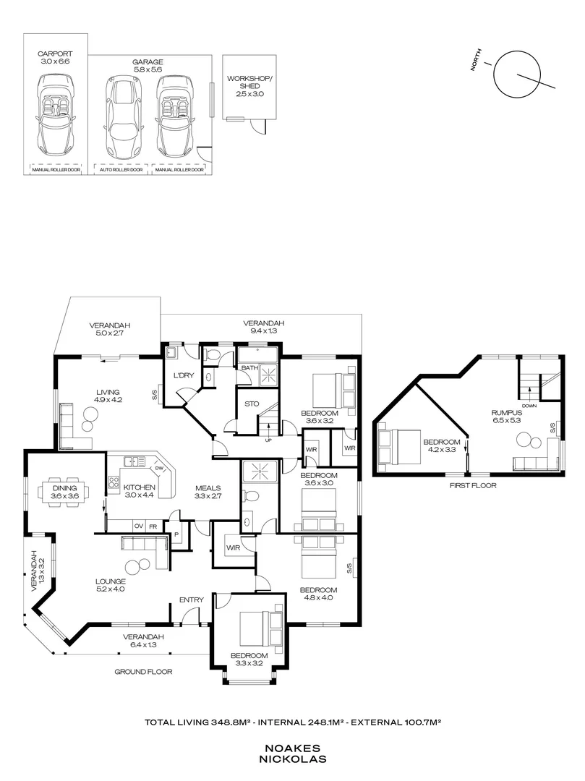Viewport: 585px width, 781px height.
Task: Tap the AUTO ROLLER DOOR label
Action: [121, 171]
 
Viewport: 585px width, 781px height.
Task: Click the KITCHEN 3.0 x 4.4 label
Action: [138, 490]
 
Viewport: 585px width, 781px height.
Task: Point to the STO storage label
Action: [252, 404]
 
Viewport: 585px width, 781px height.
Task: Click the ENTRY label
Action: [191, 599]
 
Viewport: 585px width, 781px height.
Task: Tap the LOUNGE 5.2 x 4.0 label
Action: [111, 585]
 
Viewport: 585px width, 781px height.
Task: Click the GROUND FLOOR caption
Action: [143, 672]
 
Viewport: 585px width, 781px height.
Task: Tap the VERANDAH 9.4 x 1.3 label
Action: [263, 326]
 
